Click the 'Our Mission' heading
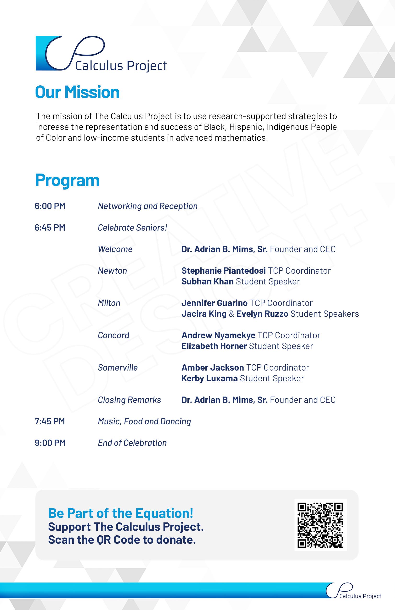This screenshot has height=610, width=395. tap(77, 92)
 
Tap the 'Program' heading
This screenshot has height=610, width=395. tap(67, 180)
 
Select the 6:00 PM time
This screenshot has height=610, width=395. tap(50, 206)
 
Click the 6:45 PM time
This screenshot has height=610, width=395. tap(50, 227)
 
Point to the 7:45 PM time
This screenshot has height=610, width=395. tap(50, 421)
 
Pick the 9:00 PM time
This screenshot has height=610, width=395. tap(50, 443)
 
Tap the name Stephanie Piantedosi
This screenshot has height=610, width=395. tap(223, 271)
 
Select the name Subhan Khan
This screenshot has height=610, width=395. tap(207, 281)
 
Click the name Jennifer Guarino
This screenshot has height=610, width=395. tap(214, 303)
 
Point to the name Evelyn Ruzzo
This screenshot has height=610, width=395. tap(262, 314)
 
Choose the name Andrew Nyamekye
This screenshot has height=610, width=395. tap(218, 335)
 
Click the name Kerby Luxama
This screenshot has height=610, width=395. tap(209, 378)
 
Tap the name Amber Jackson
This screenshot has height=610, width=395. tap(213, 367)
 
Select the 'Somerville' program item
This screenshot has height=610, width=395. tap(118, 367)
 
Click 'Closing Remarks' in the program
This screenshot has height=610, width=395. tap(129, 400)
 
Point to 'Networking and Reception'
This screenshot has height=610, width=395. tap(148, 206)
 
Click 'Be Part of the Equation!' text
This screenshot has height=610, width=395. tap(121, 513)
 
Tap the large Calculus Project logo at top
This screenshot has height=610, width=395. tap(101, 54)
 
